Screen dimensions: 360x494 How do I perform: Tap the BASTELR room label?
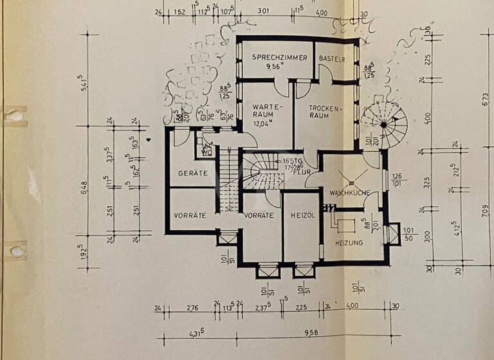[332, 59]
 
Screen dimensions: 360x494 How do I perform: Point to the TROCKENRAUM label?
[319, 112]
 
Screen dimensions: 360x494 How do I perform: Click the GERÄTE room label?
[193, 173]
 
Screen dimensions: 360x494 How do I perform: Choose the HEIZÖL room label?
[301, 215]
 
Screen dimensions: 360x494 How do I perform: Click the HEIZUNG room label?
[349, 242]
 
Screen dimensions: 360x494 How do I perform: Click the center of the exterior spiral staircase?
[383, 124]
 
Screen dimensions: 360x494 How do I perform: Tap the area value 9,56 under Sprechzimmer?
[277, 66]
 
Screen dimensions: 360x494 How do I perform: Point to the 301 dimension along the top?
[263, 10]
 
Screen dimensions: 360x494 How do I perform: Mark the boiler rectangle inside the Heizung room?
[345, 224]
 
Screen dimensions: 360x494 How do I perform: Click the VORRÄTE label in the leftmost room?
[190, 215]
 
